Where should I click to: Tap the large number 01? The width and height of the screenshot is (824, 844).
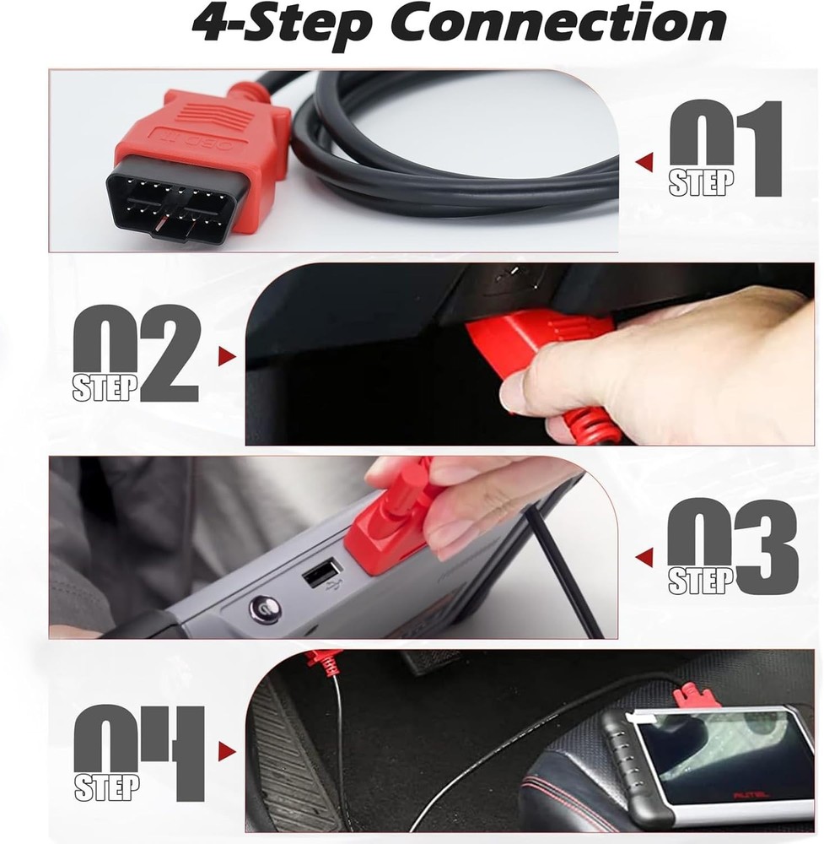click(725, 148)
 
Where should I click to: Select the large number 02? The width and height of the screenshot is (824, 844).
click(135, 353)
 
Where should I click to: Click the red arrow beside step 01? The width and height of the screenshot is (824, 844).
click(645, 161)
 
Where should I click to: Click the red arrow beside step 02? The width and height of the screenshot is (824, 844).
click(225, 356)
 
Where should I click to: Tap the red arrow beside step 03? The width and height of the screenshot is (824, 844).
click(644, 557)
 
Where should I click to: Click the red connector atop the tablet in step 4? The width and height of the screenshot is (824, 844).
click(696, 696)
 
